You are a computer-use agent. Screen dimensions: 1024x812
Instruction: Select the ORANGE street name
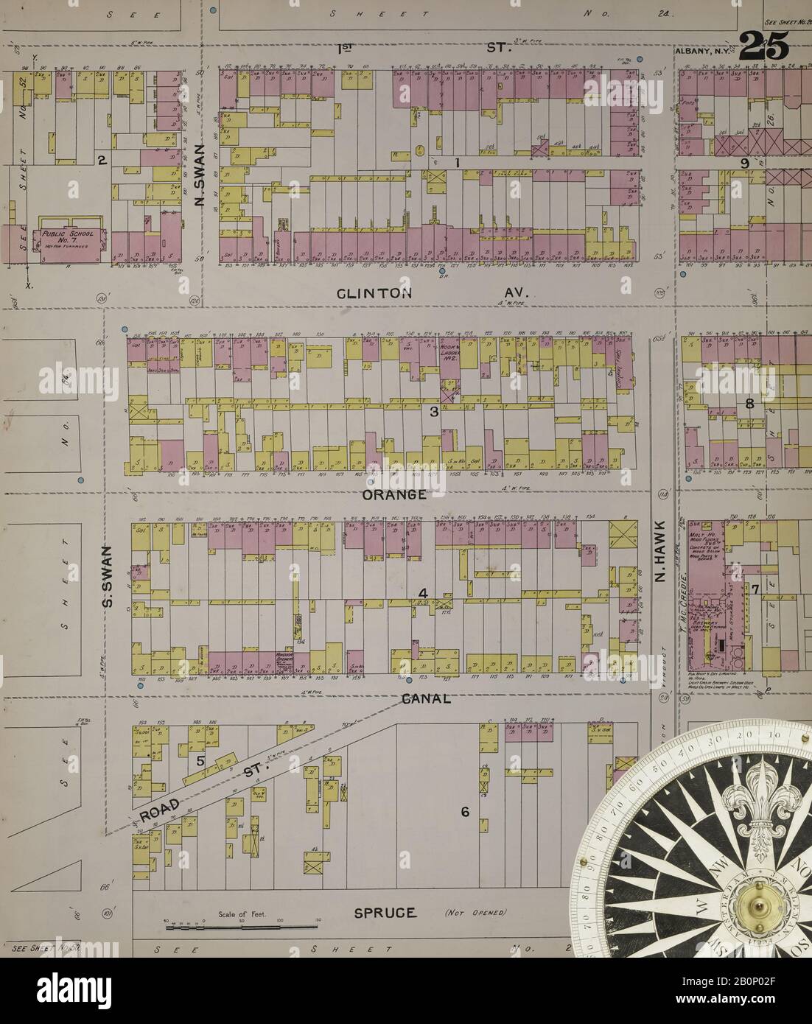pyautogui.click(x=394, y=494)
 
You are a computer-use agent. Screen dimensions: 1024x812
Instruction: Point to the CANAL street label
pyautogui.click(x=426, y=698)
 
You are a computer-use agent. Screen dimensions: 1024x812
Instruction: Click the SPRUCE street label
pyautogui.click(x=385, y=913)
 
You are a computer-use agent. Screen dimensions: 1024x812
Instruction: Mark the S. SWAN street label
pyautogui.click(x=108, y=576)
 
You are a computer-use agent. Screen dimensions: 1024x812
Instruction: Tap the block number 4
pyautogui.click(x=423, y=593)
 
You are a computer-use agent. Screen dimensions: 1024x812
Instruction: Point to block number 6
pyautogui.click(x=465, y=812)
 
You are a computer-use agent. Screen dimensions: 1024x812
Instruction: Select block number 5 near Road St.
pyautogui.click(x=200, y=761)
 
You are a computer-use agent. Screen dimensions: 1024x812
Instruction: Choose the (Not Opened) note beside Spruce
pyautogui.click(x=475, y=913)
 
